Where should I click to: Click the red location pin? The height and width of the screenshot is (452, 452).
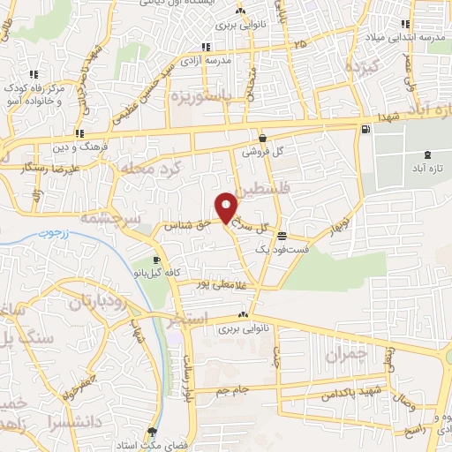point(227,207)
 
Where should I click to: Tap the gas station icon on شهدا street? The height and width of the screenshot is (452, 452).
point(365,130)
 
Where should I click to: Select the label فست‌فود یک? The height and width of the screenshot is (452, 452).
point(281,251)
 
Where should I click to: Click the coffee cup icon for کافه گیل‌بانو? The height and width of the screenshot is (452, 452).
point(157,260)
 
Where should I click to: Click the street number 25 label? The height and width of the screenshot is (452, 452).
point(301,42)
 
